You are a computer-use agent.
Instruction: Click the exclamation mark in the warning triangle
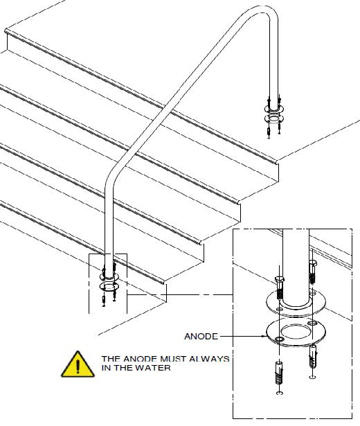pos(78,366)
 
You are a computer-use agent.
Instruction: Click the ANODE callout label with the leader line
pos(201,337)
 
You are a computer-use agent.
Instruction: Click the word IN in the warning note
pos(106,368)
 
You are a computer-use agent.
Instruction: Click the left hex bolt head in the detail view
pos(280,279)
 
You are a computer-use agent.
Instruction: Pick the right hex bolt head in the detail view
pos(312,263)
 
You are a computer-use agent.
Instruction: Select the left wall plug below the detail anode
pos(279,373)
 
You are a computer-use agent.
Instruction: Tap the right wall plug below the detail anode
pos(312,356)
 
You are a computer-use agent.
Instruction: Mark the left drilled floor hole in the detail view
pos(280,393)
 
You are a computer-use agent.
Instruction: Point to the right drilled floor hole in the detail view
pos(312,377)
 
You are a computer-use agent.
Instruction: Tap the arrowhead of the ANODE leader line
pos(264,337)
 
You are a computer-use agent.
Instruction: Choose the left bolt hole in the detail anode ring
pos(279,339)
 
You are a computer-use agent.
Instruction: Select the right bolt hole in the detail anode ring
pos(312,323)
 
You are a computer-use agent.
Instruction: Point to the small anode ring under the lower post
pos(109,286)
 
